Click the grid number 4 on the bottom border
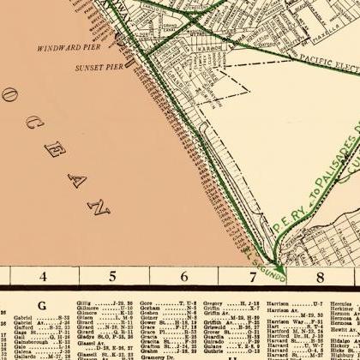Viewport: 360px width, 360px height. click(41, 277)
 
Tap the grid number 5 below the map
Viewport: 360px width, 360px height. click(112, 277)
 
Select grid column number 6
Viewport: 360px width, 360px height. click(183, 277)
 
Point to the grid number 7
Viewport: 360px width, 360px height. click(253, 277)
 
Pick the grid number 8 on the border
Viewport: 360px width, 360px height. click(321, 277)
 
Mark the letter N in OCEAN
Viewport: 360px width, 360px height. click(101, 207)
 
